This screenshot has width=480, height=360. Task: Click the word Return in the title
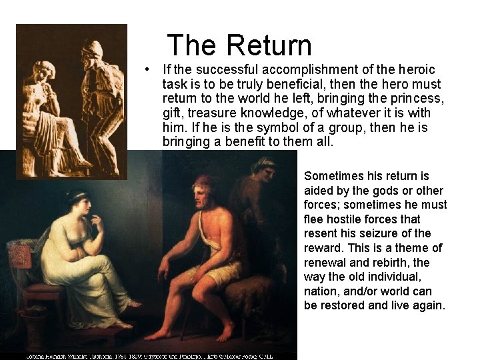(269, 45)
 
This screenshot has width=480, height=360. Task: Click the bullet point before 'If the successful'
(153, 70)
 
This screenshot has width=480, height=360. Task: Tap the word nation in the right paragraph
(320, 291)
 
